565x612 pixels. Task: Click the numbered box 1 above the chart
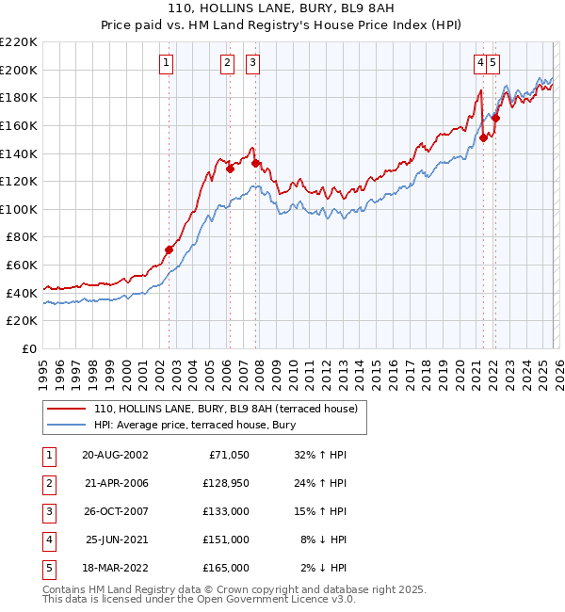tap(166, 63)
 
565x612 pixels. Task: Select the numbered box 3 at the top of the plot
tap(252, 63)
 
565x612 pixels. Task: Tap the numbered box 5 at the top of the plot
tap(493, 63)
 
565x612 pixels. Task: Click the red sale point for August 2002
tap(169, 250)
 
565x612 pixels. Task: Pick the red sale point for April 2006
tap(230, 169)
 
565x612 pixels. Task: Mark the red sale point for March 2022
tap(495, 119)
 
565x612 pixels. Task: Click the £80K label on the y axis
tap(22, 237)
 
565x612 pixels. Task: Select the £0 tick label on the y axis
tap(28, 348)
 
